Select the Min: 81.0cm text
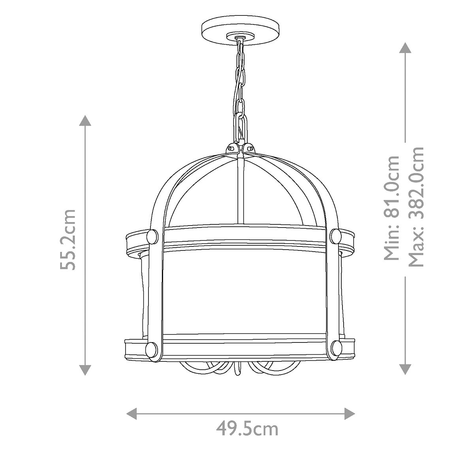pyautogui.click(x=392, y=208)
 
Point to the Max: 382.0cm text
pyautogui.click(x=416, y=208)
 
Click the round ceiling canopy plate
pyautogui.click(x=241, y=28)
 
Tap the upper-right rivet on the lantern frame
pyautogui.click(x=335, y=236)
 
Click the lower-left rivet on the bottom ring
pyautogui.click(x=151, y=348)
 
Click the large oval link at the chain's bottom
pyautogui.click(x=240, y=126)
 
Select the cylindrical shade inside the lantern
pyautogui.click(x=245, y=292)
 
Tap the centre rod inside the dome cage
pyautogui.click(x=239, y=190)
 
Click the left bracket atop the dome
pyautogui.click(x=231, y=148)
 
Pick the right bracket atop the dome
pyautogui.click(x=249, y=148)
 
